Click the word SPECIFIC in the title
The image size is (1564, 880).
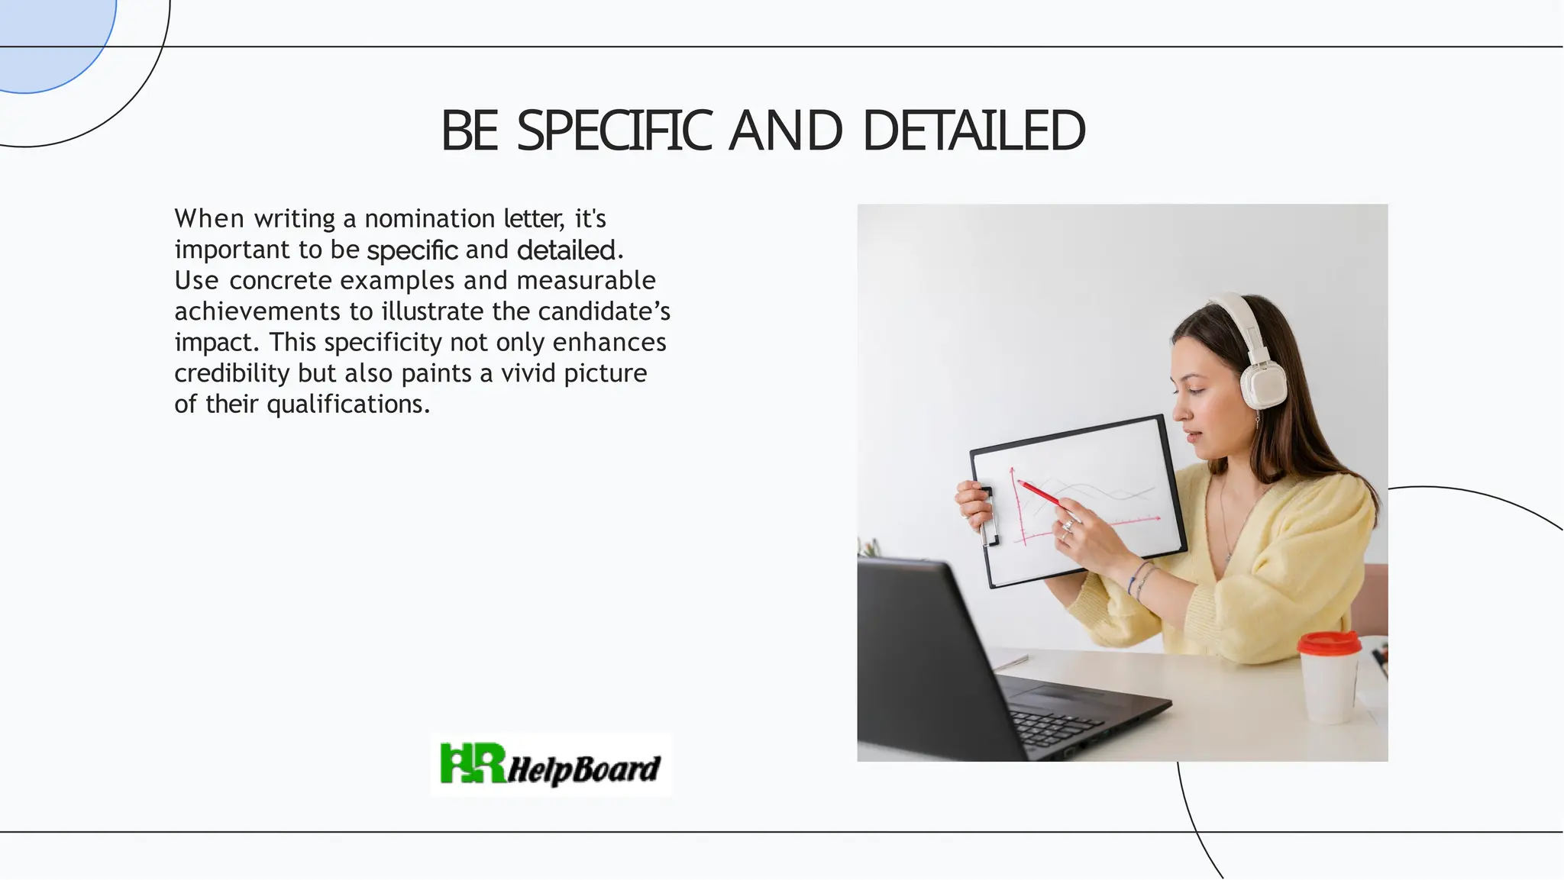click(x=614, y=131)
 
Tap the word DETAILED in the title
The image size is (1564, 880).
click(x=974, y=131)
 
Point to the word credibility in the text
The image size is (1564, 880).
click(x=231, y=373)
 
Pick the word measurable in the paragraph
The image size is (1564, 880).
click(x=586, y=281)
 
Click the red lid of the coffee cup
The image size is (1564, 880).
click(x=1329, y=643)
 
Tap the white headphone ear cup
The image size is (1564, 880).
click(x=1262, y=385)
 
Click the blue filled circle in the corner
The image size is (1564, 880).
click(x=46, y=38)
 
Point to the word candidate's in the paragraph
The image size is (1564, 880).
click(x=603, y=311)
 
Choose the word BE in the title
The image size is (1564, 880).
click(x=469, y=131)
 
